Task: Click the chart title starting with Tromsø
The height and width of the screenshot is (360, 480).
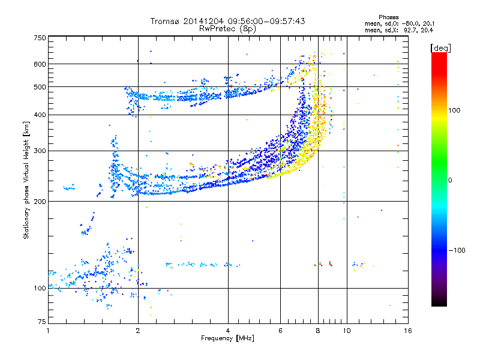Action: [227, 21]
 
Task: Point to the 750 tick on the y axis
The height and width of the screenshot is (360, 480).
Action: [40, 38]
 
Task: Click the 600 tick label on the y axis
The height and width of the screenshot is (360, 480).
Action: [40, 64]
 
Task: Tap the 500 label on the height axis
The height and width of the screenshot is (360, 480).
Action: [40, 87]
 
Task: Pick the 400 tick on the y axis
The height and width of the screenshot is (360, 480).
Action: [40, 115]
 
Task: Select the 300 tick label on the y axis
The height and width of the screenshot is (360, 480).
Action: [40, 151]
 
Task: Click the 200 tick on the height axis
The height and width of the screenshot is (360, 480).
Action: [40, 201]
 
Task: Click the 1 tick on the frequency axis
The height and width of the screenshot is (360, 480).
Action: [48, 331]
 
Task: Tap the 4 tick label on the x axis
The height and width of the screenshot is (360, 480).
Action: [227, 331]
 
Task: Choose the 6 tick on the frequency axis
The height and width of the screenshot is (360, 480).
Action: [280, 331]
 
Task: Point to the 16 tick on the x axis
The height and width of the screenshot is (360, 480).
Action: [406, 331]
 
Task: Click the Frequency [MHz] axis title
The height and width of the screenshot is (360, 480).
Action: [227, 338]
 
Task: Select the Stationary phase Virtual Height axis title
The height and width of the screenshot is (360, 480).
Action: [26, 180]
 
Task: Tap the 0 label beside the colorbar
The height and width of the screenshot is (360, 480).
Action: [450, 180]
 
